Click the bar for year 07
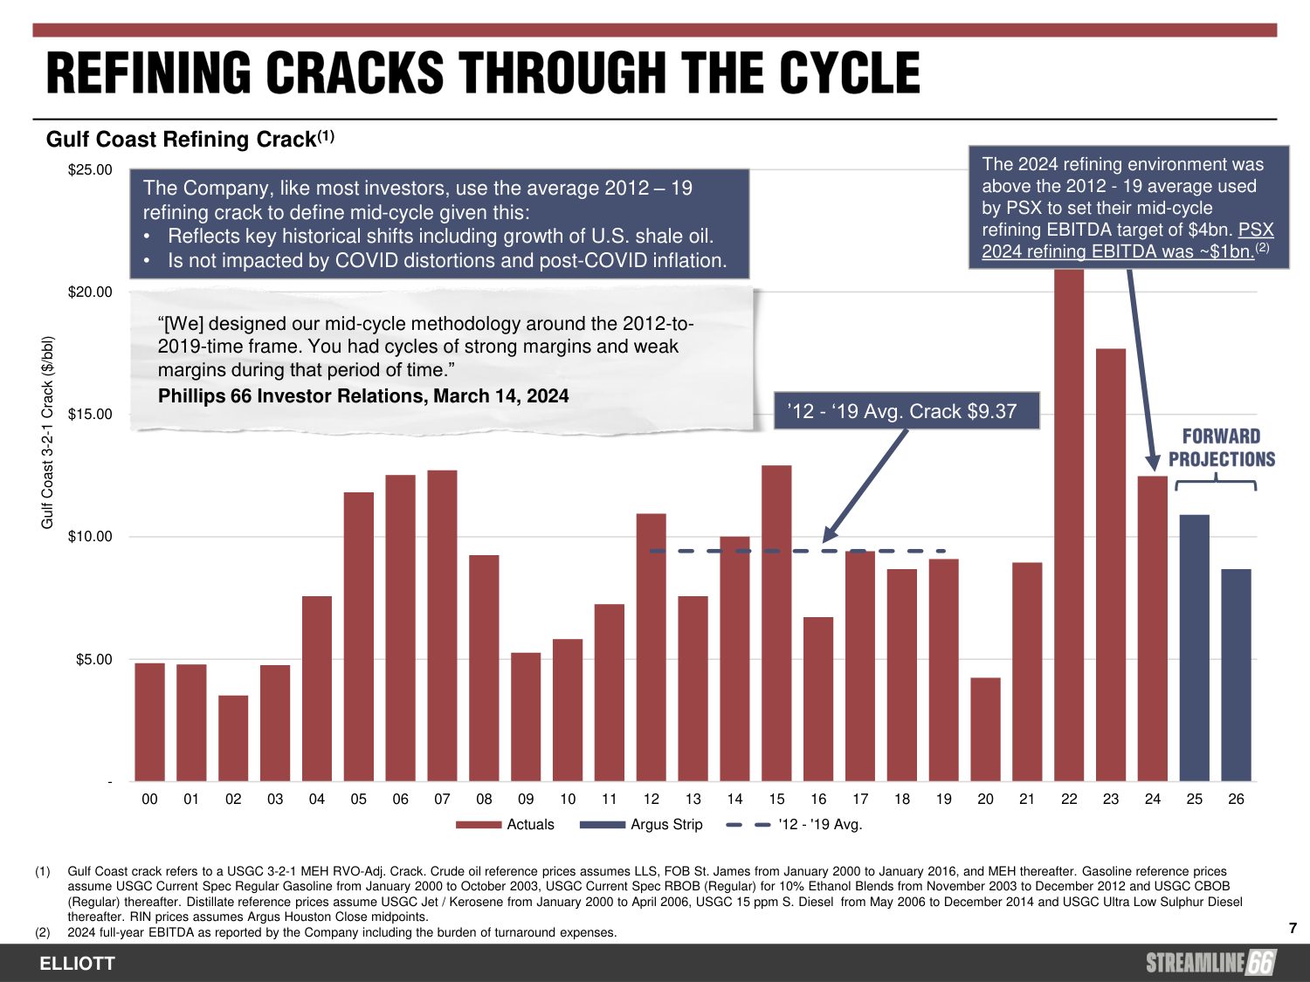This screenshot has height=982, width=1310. tap(442, 625)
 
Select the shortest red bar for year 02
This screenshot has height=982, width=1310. tap(233, 738)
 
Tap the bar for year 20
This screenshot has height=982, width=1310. tap(985, 729)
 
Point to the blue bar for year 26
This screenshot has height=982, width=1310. tap(1236, 675)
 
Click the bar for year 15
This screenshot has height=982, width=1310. tap(776, 622)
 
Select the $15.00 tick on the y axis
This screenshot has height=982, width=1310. tap(90, 415)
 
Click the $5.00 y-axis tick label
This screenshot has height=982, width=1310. tap(93, 660)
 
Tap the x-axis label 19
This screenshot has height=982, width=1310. tap(943, 799)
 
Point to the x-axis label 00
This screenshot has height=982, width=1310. tap(149, 799)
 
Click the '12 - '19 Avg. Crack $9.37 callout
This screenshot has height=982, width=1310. tap(907, 411)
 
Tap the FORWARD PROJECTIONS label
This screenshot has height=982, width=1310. tap(1221, 448)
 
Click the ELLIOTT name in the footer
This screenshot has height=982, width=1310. tap(77, 964)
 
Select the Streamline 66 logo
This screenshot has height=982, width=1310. tap(1210, 963)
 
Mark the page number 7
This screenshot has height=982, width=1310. tap(1293, 928)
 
